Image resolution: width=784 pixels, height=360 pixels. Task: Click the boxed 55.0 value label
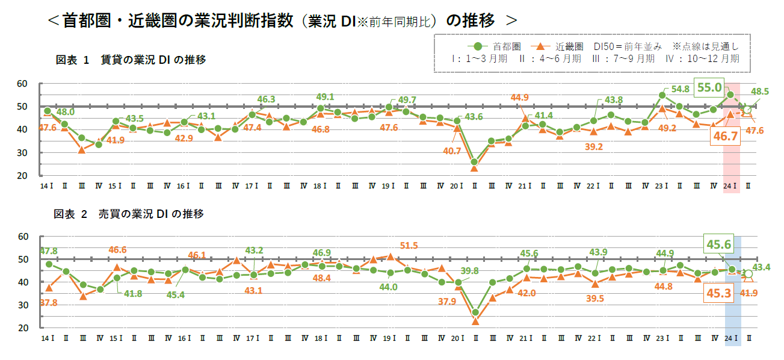pos(709,88)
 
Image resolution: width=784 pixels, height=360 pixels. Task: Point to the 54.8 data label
pos(680,89)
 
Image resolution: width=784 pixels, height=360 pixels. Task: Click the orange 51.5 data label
pos(409,246)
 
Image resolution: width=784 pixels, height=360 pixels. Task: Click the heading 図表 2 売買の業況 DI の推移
pos(130,214)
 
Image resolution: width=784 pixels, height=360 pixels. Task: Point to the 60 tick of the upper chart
pos(23,84)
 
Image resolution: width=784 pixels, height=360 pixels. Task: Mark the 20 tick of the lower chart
pos(23,328)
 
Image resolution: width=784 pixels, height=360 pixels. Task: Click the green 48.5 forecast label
pos(761,92)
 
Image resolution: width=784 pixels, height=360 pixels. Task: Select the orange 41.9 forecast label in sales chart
pos(761,293)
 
